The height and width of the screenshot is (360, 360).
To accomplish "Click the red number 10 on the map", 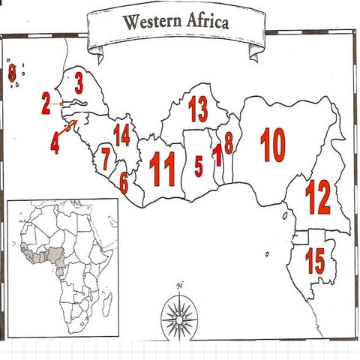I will click(273, 145).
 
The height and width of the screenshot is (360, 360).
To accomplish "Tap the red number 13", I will click(198, 109).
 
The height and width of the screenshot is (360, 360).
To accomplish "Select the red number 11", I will click(162, 169).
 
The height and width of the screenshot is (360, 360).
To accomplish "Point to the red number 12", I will click(318, 196).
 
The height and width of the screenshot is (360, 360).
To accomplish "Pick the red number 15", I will click(315, 261).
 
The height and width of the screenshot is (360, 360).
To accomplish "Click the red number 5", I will click(198, 166).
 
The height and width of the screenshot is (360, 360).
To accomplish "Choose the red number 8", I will click(228, 142).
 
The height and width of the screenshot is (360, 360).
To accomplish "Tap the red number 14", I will click(121, 135).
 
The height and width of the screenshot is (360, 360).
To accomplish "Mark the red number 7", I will click(106, 159).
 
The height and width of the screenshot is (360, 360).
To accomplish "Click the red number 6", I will click(124, 181).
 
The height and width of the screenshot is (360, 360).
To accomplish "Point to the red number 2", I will click(46, 103).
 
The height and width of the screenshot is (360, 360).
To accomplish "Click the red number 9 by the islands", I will click(12, 73).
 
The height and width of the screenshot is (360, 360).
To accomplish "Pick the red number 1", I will click(217, 156).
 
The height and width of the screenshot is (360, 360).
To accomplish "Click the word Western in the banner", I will click(150, 22).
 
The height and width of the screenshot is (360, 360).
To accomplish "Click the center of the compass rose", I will click(179, 319).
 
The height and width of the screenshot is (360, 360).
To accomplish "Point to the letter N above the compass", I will click(180, 286).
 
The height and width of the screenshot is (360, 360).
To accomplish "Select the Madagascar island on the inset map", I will click(108, 303).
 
